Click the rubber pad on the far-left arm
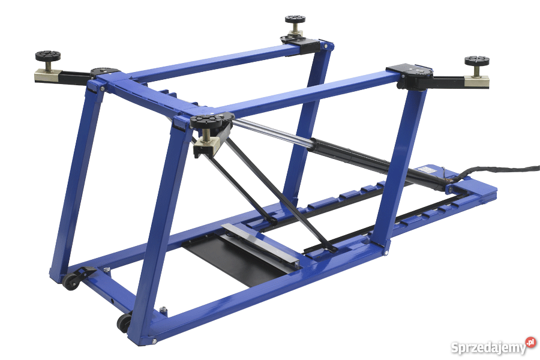coord(48,56)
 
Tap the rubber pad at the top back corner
coord(295,19)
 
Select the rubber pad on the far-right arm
coord(477,61)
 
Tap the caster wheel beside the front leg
coord(124,323)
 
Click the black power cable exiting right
coord(496,170)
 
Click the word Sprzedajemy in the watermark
coord(488,347)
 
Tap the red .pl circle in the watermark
coord(531,343)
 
